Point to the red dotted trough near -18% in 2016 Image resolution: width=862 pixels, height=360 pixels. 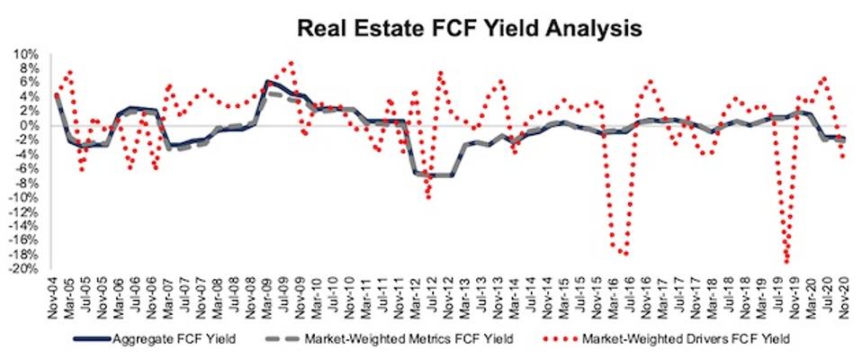click(624, 254)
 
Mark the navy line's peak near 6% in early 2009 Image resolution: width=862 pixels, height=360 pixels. click(268, 82)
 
